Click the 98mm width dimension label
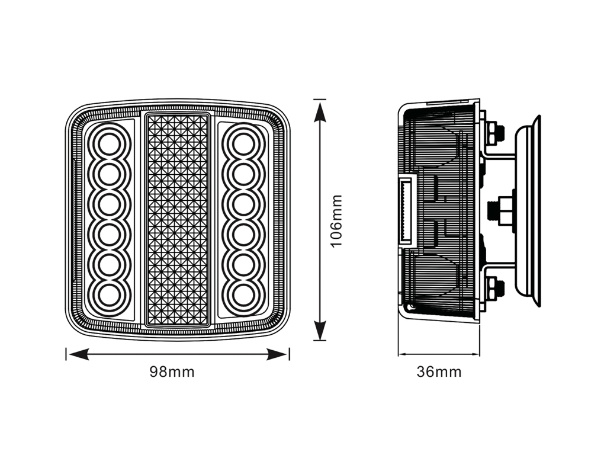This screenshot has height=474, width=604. coord(172,372)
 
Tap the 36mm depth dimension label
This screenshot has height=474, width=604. coord(439,372)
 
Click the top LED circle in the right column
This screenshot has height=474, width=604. coord(244,143)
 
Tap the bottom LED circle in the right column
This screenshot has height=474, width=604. coord(244,295)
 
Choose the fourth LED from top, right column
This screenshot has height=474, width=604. coord(244,234)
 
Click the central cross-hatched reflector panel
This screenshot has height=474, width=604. coord(178,220)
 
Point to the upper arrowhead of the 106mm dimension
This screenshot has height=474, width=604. coord(319,112)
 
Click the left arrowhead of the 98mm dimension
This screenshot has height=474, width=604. coord(78,354)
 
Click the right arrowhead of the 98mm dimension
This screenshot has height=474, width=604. coord(278,354)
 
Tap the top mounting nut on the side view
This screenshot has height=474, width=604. coord(495,133)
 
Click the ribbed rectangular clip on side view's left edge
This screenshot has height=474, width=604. coord(407,210)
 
